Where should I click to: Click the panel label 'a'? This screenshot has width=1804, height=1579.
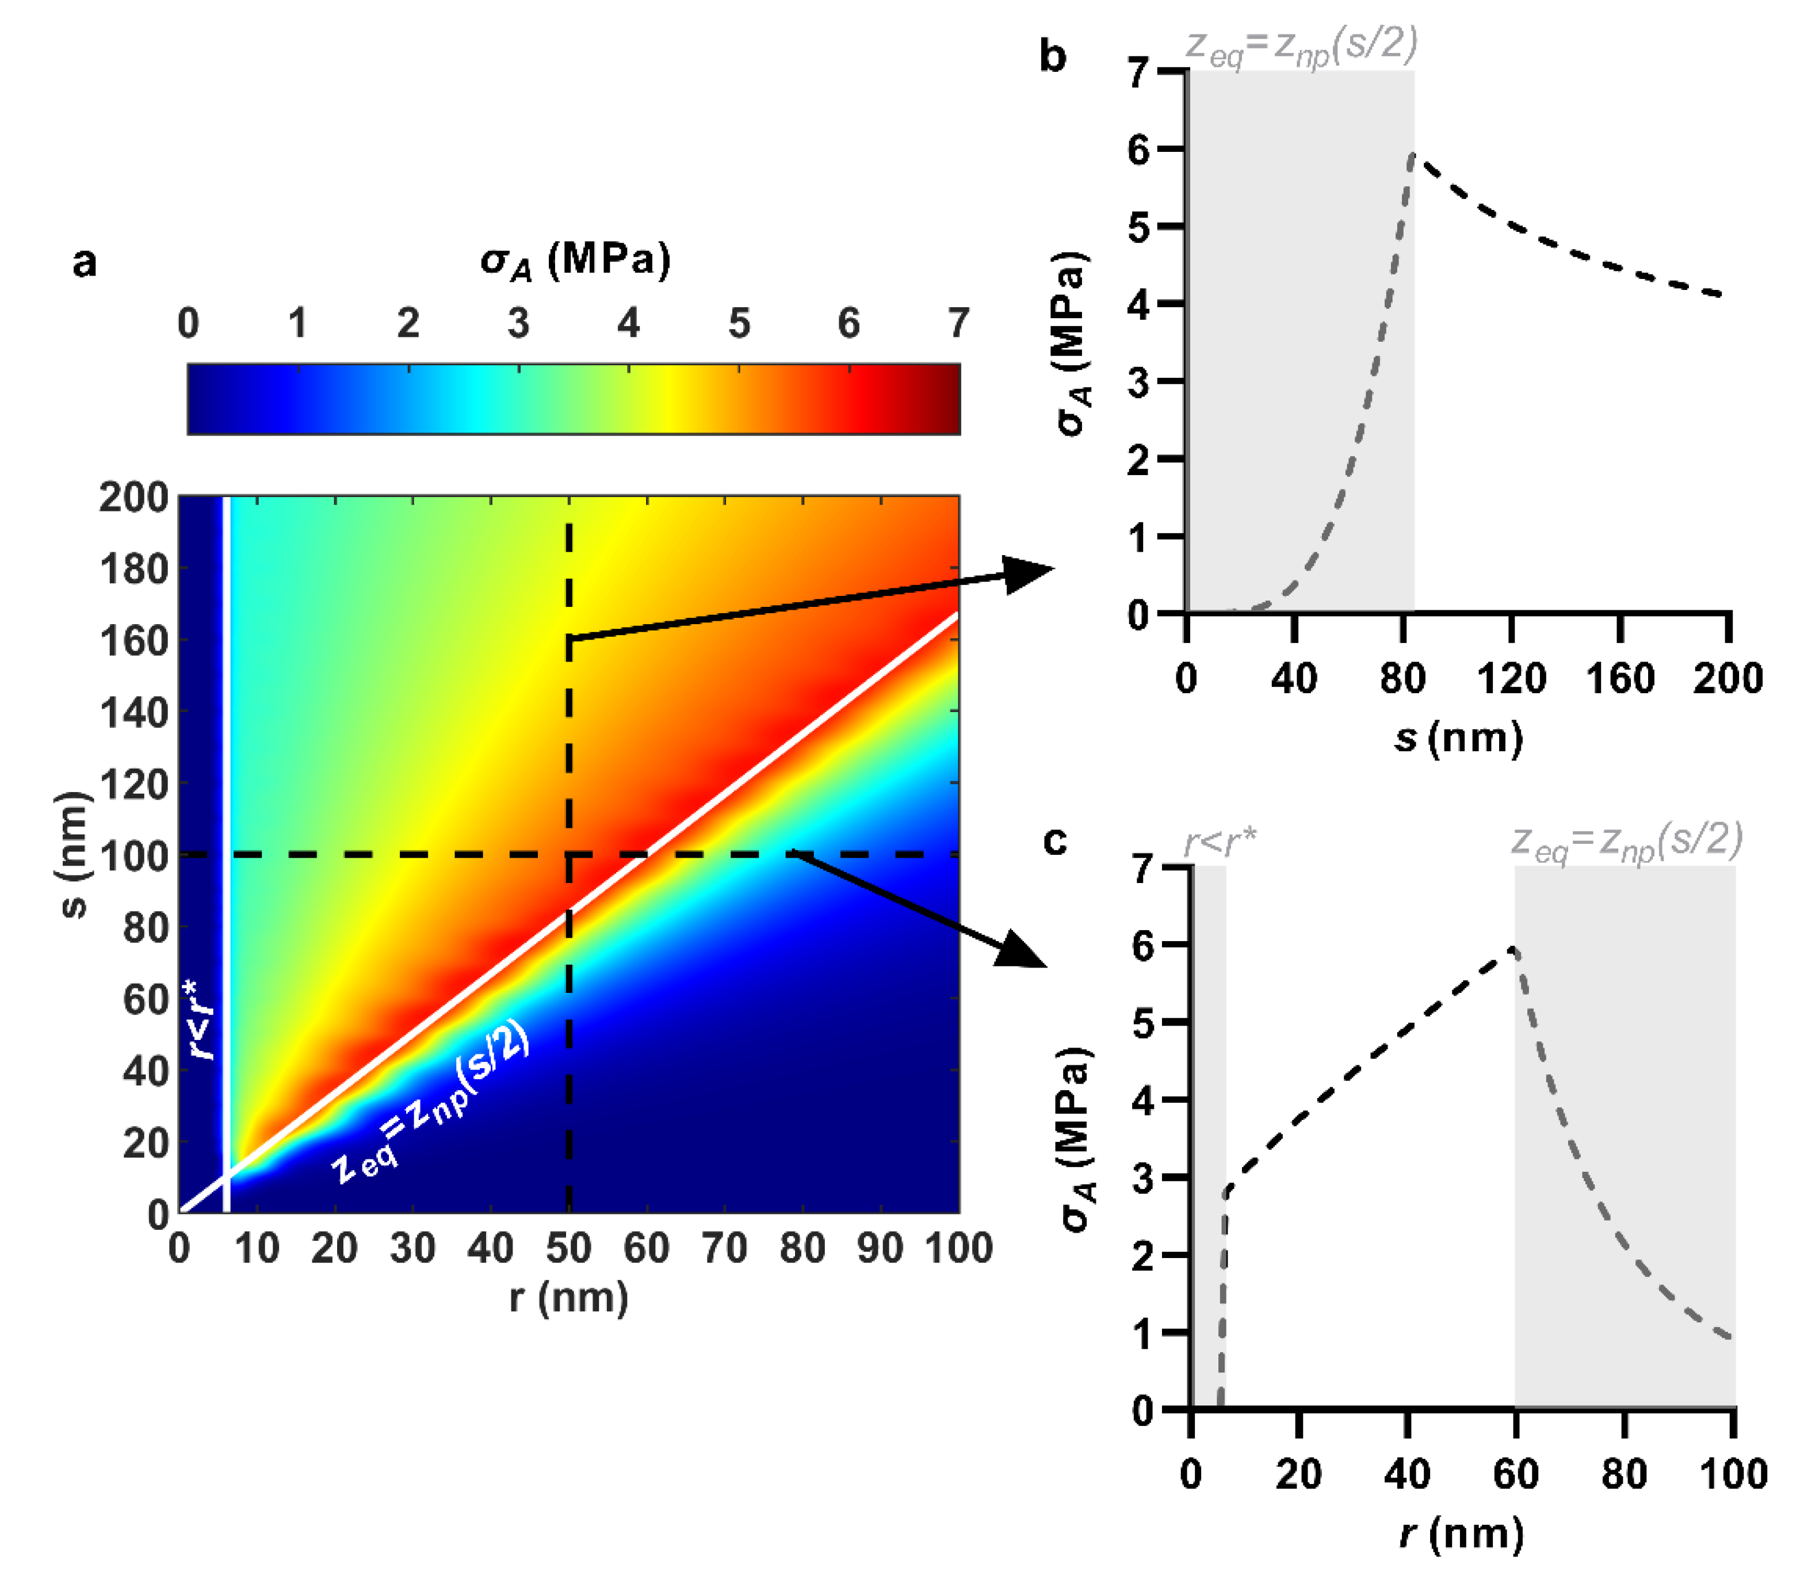85,262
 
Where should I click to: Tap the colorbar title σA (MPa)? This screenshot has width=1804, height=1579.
575,261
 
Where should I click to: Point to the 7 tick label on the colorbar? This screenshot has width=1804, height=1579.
958,323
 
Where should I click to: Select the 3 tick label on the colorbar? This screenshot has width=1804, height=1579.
518,323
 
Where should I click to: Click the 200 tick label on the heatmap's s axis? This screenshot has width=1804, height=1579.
133,498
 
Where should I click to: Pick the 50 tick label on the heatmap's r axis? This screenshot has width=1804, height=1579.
568,1249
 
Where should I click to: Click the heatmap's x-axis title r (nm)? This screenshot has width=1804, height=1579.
568,1297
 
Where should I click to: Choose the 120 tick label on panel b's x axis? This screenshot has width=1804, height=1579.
1511,678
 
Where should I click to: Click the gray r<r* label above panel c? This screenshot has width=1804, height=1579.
1220,842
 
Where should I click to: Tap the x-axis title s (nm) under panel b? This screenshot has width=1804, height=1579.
1458,737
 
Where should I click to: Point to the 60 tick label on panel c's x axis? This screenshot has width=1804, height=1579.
1515,1474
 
